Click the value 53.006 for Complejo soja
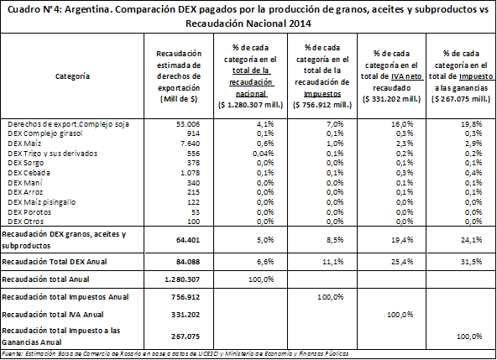pos(188,124)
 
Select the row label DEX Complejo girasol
pos(45,133)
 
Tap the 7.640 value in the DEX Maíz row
pos(191,143)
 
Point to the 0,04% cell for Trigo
pos(263,154)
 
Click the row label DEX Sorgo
pos(26,163)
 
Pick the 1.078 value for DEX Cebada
pos(191,173)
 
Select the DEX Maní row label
pos(25,183)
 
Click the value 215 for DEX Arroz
pos(193,192)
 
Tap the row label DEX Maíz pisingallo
pos(41,202)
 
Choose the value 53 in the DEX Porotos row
pos(196,212)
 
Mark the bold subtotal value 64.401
pos(188,240)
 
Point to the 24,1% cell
pos(471,240)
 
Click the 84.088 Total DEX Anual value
pos(188,262)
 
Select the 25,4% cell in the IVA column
pos(402,262)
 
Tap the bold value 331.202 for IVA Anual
pos(186,315)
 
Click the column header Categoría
pos(72,76)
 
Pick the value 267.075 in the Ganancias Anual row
pos(186,337)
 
